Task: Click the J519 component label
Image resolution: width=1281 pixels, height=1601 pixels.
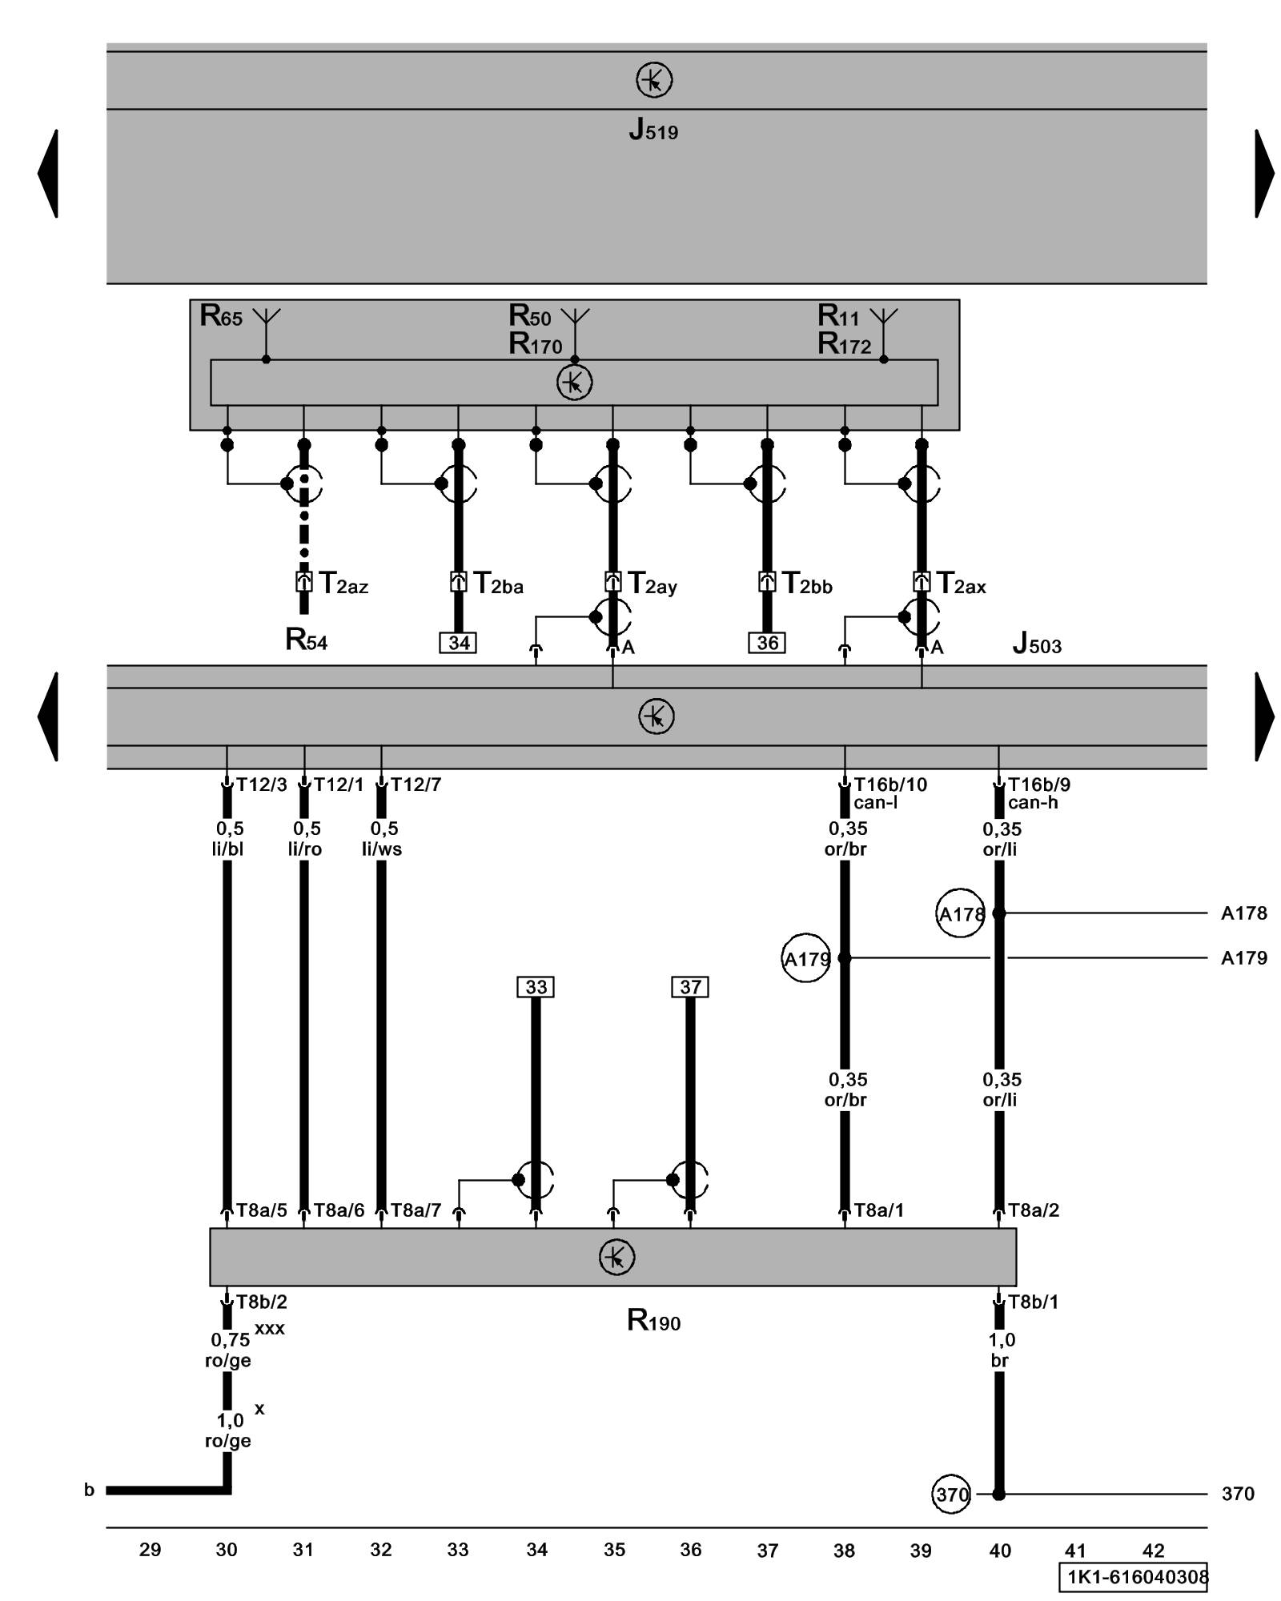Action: [653, 130]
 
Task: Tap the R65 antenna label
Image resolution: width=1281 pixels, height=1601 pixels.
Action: [221, 316]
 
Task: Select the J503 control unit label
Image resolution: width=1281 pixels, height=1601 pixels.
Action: [1037, 644]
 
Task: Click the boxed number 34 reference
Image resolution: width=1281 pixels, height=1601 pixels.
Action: [459, 643]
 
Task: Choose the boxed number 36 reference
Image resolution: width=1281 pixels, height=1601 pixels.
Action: [767, 643]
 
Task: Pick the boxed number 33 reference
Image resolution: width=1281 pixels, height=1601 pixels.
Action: [536, 987]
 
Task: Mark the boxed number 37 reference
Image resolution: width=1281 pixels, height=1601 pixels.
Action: [690, 987]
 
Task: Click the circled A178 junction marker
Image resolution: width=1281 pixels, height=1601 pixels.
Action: [960, 913]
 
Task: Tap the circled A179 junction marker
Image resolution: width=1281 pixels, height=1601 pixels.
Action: [805, 958]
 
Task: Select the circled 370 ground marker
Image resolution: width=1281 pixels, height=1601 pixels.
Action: [952, 1494]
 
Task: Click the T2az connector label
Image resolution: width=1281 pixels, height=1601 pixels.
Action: [343, 584]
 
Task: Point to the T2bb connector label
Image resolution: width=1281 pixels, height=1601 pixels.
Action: [807, 584]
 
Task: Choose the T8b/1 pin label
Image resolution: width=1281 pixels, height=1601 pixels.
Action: [1033, 1302]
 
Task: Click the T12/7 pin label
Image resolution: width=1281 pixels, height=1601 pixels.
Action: [416, 784]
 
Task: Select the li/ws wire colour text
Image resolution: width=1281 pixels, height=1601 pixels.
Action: [382, 849]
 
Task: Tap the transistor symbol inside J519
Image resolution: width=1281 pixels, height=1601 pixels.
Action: [654, 80]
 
